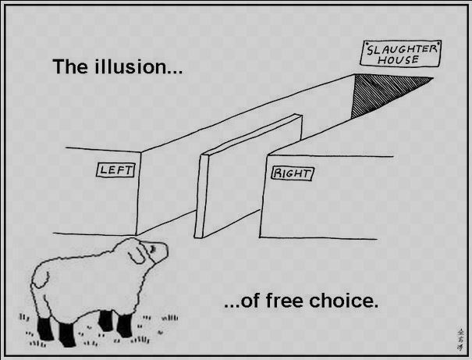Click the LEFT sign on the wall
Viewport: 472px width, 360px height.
tap(115, 170)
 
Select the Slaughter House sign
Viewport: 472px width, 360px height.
tap(401, 53)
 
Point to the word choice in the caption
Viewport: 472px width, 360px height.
tap(343, 301)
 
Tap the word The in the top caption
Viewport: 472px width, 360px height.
tap(71, 66)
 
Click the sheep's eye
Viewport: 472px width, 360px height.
tap(153, 248)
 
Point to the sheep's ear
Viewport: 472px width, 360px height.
tap(137, 255)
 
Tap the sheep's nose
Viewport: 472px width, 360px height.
tap(165, 250)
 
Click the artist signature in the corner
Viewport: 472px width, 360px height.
tap(460, 339)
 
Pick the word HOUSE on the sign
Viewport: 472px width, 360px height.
tap(398, 59)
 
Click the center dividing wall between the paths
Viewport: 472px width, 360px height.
tap(247, 176)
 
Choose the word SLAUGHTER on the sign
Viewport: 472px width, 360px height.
tap(402, 48)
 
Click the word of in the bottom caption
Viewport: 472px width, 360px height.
tap(250, 301)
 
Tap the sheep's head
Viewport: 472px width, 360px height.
tap(147, 252)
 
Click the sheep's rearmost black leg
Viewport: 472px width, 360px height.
tap(45, 328)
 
